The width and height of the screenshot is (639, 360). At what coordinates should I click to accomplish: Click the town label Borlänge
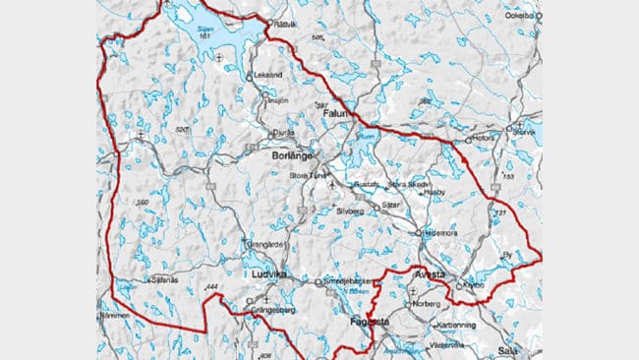tap(292, 155)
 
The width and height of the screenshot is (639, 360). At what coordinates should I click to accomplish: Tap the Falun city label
tap(336, 115)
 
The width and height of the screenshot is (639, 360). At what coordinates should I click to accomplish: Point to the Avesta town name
tap(430, 274)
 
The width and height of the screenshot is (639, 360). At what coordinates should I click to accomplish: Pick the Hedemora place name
tap(441, 233)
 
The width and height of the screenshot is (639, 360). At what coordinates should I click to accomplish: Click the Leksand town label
tap(267, 74)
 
